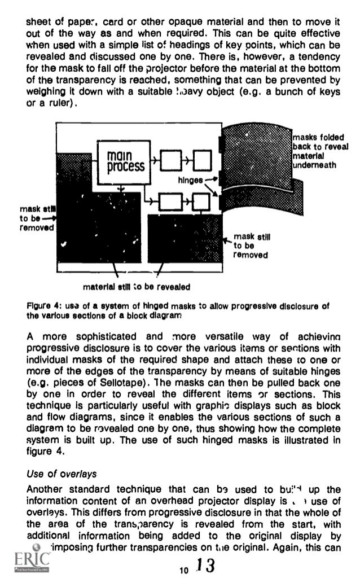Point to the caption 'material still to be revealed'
[x=138, y=286]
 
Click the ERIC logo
[x=29, y=565]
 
